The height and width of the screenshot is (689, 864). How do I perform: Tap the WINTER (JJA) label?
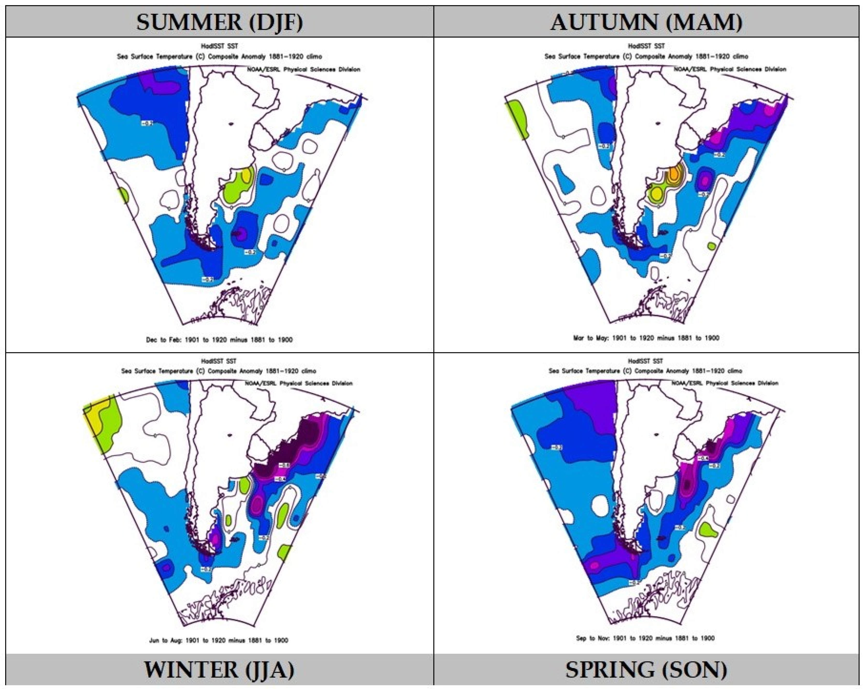219,669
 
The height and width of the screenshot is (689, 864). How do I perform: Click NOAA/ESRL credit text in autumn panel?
729,69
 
